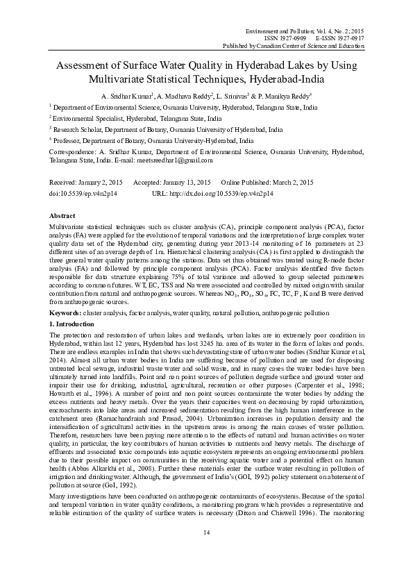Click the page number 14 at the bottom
(206, 532)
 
